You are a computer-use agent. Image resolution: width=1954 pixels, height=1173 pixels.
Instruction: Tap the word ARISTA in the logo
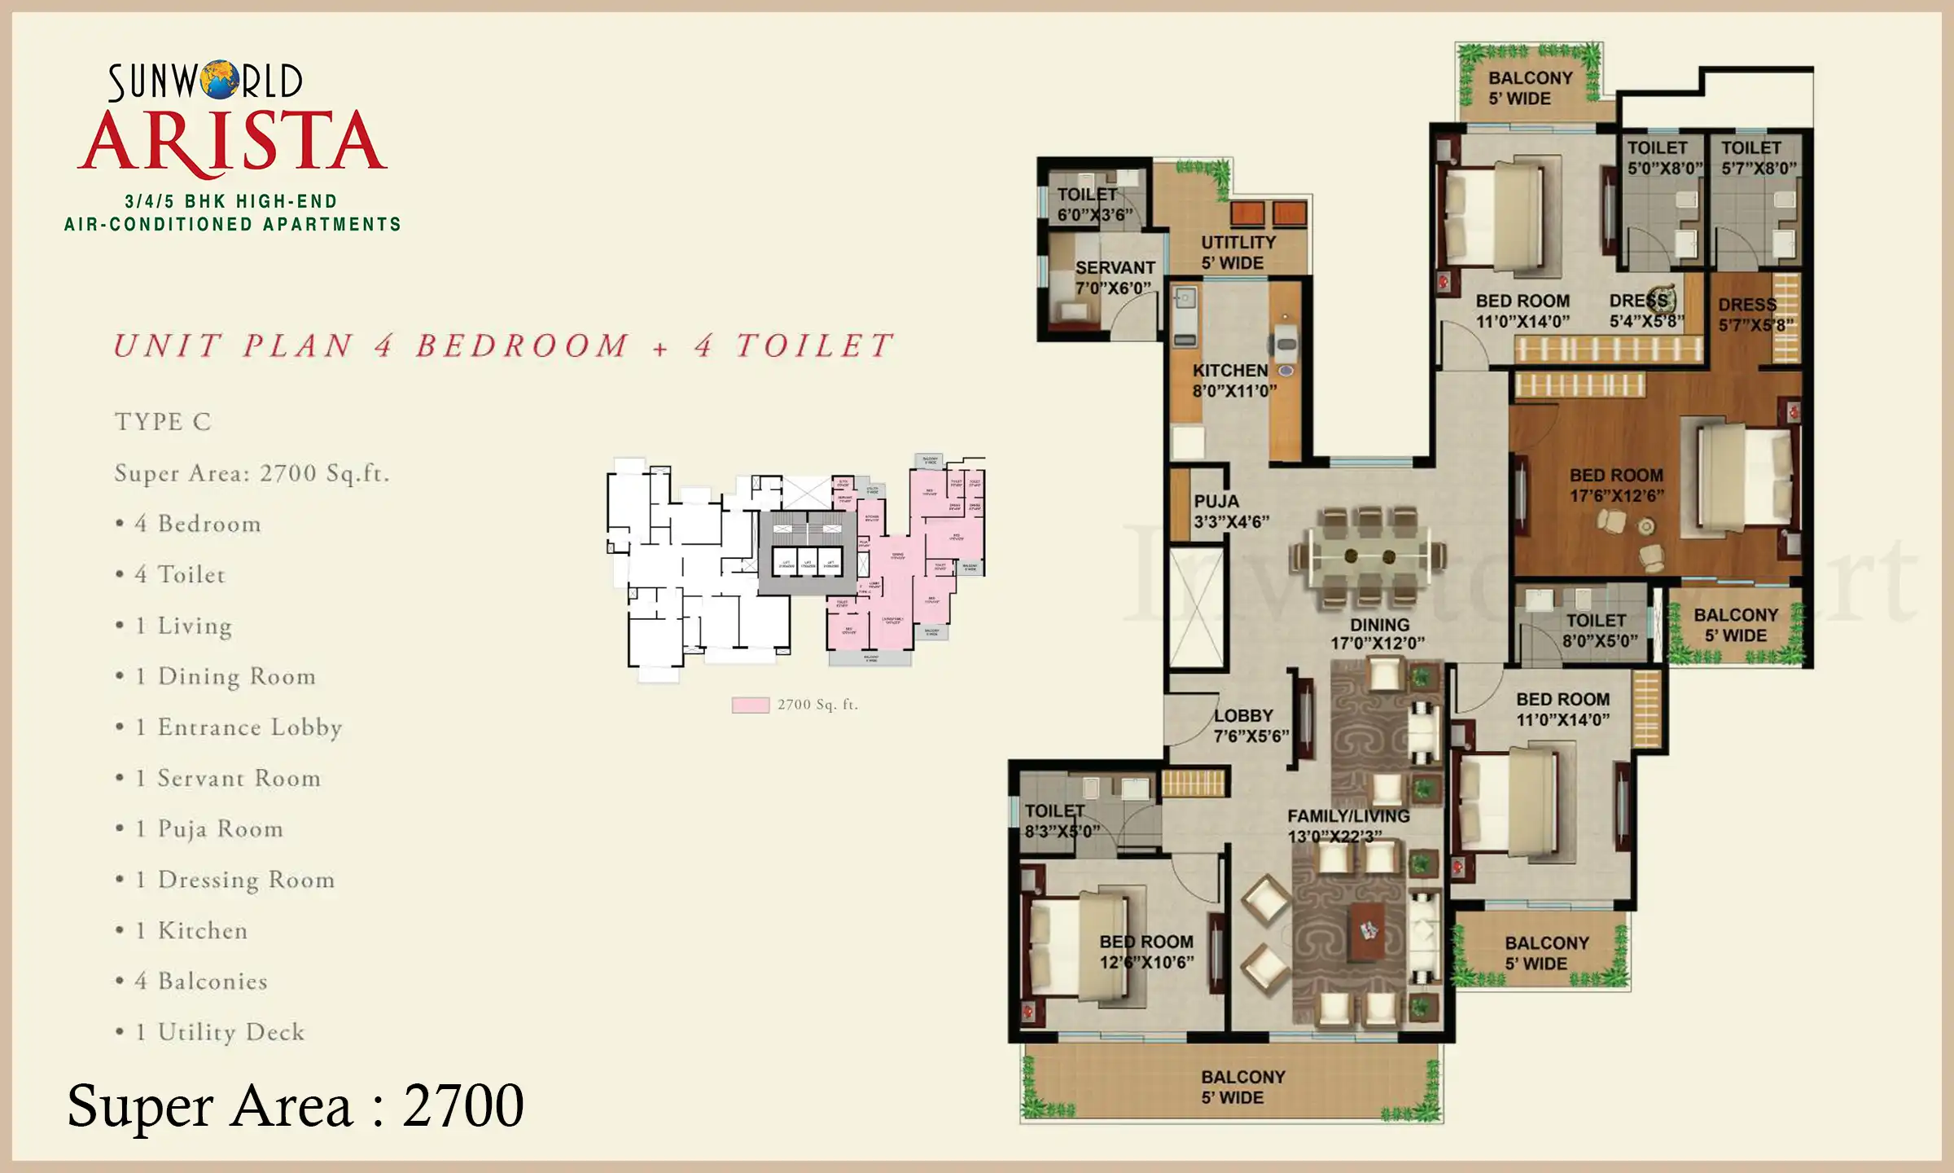tap(232, 142)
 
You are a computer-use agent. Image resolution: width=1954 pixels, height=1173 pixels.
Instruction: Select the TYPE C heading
tap(163, 422)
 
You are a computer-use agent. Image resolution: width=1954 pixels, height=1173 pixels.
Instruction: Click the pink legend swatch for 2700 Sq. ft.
tap(750, 705)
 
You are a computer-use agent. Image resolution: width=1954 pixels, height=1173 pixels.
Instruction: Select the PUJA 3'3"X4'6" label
tap(1230, 512)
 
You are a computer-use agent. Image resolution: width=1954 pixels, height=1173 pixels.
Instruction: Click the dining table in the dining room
tap(1369, 556)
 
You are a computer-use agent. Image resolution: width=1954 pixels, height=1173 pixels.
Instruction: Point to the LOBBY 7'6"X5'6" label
tap(1251, 725)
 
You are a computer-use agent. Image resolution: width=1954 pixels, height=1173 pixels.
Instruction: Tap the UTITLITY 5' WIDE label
tap(1238, 253)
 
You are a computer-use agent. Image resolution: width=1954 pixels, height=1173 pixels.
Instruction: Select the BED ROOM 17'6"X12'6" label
tap(1616, 485)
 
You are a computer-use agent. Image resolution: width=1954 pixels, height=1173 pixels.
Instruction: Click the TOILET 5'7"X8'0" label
tap(1758, 158)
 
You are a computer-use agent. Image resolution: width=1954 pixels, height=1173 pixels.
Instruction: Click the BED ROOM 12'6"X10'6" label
tap(1146, 951)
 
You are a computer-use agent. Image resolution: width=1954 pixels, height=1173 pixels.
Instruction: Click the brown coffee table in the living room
tap(1368, 930)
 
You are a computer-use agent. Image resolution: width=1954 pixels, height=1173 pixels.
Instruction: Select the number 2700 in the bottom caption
tap(463, 1105)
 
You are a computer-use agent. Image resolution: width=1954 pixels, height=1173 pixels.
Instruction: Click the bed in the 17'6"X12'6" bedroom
tap(1744, 476)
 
